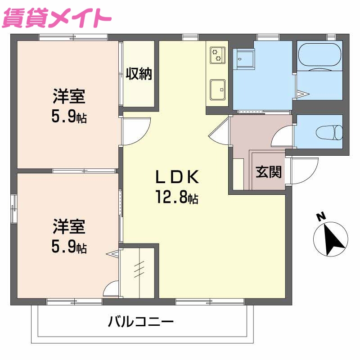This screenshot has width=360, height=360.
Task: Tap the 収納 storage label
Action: (x=139, y=73)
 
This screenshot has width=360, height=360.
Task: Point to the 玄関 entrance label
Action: (x=269, y=172)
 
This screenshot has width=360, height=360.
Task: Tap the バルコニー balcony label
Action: (x=141, y=322)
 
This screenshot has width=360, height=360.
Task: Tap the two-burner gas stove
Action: (x=217, y=54)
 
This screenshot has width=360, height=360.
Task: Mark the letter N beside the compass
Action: (x=321, y=217)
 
